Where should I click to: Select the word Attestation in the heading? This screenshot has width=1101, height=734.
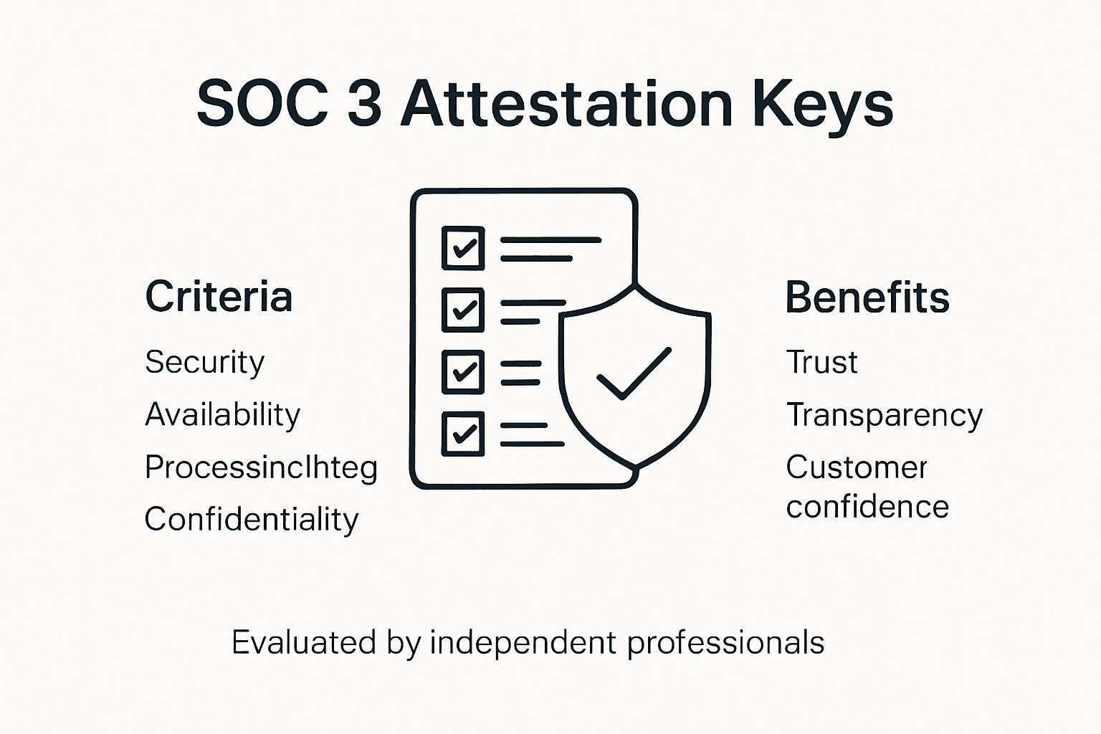click(566, 104)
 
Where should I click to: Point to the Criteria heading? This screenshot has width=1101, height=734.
click(219, 297)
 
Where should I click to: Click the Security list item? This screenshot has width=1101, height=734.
click(204, 362)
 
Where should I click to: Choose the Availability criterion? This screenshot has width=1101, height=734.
click(222, 415)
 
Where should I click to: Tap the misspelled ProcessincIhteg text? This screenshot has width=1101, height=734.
click(261, 468)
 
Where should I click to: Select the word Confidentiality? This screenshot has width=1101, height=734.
click(251, 520)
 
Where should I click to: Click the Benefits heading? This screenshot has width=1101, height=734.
click(867, 297)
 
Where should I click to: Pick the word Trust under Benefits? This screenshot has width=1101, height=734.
click(821, 362)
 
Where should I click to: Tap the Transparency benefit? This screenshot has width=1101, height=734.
click(884, 416)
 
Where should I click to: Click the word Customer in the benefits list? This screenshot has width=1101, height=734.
click(857, 467)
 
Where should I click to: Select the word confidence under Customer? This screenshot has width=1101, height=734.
click(867, 507)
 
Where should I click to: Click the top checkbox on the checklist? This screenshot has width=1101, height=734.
click(463, 248)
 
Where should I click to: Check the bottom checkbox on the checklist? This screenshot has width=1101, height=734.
click(463, 434)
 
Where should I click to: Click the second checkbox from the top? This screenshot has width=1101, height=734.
click(463, 310)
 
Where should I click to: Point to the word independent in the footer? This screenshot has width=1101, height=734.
click(523, 642)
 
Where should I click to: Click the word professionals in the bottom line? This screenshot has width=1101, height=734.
click(725, 643)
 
